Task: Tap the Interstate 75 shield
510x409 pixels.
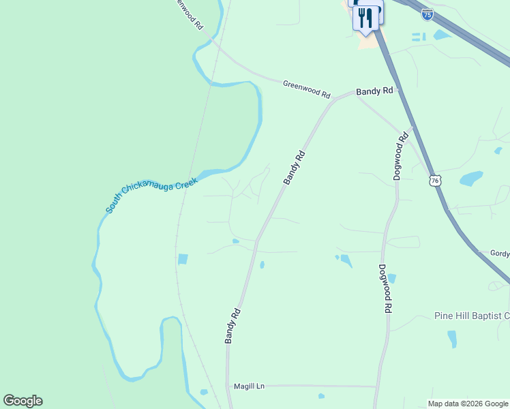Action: click(427, 14)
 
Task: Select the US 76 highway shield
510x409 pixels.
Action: click(434, 180)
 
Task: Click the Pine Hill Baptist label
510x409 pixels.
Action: click(472, 316)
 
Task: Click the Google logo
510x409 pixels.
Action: click(22, 401)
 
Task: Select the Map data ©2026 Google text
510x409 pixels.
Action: click(468, 404)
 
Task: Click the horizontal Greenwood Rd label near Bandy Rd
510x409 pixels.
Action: click(306, 89)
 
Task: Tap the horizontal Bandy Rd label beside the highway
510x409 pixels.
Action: click(374, 91)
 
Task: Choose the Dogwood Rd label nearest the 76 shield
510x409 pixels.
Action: click(401, 156)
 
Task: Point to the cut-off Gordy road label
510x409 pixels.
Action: click(500, 254)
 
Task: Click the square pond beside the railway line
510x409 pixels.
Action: click(183, 259)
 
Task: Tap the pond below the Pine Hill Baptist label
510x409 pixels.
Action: click(452, 339)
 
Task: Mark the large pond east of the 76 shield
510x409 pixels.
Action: click(471, 179)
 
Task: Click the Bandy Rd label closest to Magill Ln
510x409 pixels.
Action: click(232, 326)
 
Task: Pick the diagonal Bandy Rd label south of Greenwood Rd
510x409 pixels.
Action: click(295, 168)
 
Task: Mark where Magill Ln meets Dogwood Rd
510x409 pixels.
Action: click(376, 387)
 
